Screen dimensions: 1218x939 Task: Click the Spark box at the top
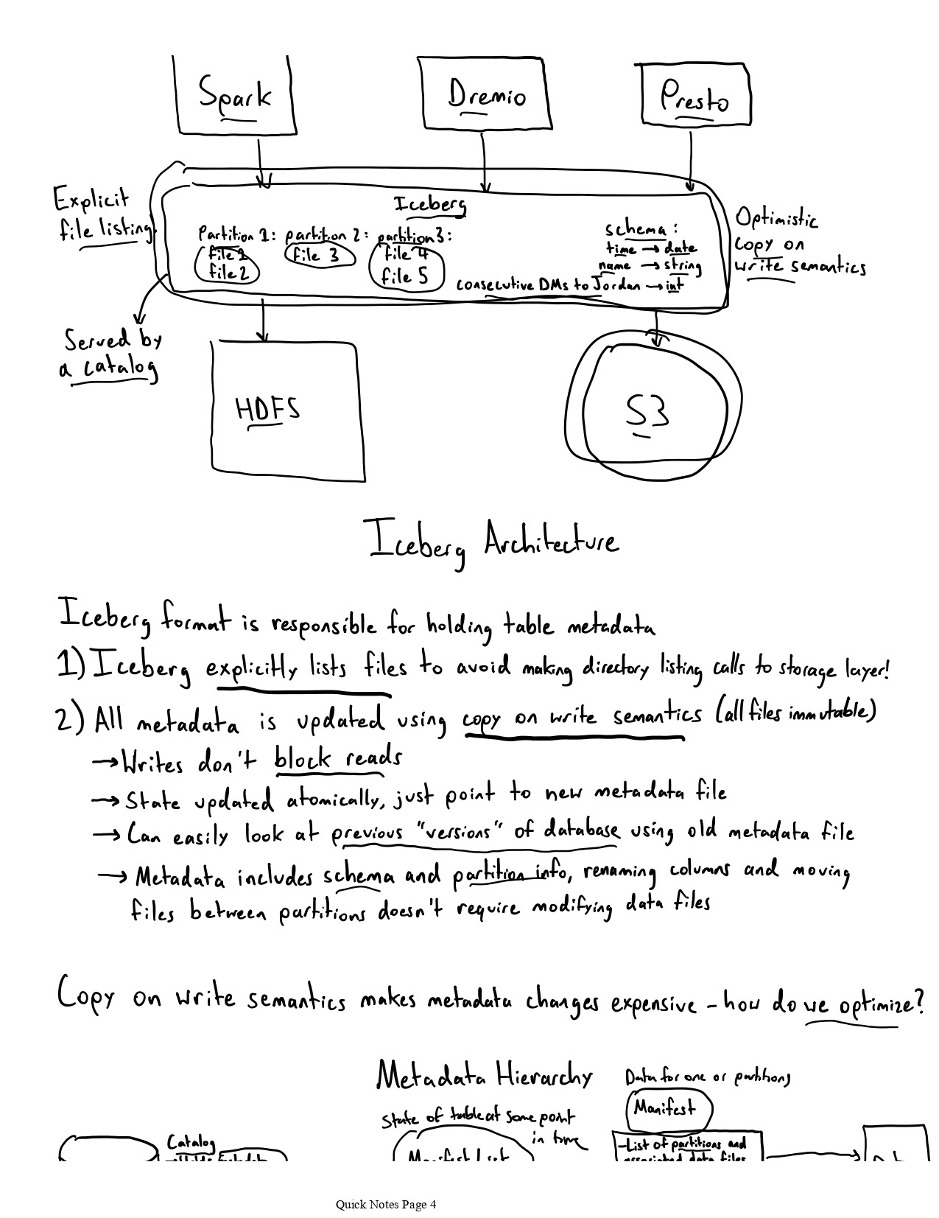coord(235,96)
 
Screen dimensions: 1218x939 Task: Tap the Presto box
coord(694,97)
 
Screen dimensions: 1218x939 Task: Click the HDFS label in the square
coord(267,409)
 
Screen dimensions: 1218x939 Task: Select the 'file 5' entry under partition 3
coord(404,277)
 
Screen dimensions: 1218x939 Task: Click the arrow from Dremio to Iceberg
coord(483,162)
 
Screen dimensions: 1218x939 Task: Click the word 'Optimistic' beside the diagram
coord(776,218)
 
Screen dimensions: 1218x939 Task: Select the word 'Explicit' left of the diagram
coord(91,199)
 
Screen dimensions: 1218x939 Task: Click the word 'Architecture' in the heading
coord(551,542)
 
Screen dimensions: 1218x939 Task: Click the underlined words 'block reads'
coord(338,758)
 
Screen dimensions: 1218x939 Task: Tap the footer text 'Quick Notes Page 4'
coord(386,1204)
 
